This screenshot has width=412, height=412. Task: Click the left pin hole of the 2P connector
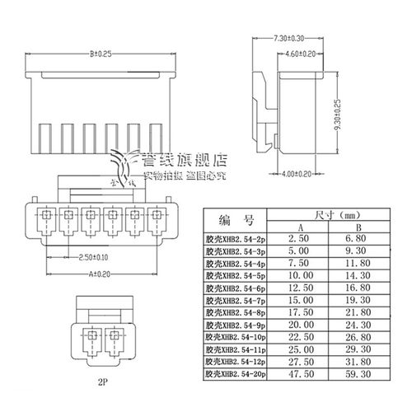(x=90, y=336)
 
